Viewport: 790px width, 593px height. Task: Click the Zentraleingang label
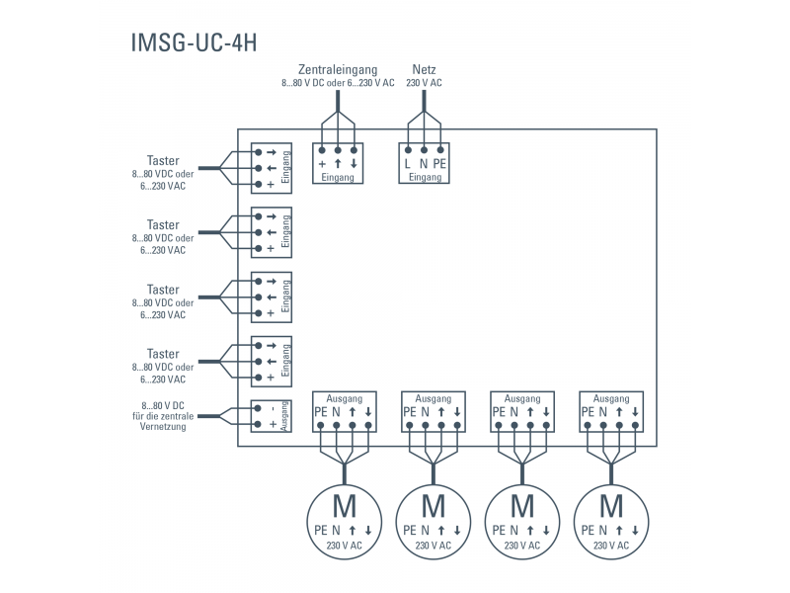(338, 69)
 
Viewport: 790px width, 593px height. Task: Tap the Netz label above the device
(424, 69)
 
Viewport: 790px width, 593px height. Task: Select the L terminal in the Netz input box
(408, 163)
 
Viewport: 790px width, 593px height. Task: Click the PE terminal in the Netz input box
(439, 163)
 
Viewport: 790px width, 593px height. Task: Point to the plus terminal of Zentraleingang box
(322, 163)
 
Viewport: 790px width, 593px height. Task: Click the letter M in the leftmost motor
(345, 507)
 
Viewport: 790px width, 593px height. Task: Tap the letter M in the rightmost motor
(611, 507)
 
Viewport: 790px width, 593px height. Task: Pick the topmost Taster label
(163, 161)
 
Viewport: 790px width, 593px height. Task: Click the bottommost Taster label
(163, 354)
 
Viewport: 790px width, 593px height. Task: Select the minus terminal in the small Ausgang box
(270, 407)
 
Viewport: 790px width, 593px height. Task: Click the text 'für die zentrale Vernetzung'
(163, 420)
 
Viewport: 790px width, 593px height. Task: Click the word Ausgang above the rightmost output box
(611, 397)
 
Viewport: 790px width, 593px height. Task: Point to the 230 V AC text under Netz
(424, 83)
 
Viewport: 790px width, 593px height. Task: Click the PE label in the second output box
(409, 411)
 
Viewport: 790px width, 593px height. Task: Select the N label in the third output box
(513, 411)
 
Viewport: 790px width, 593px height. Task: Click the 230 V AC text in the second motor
(434, 545)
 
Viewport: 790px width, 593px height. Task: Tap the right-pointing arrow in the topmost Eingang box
(270, 151)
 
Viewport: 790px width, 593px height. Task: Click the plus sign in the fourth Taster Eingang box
(270, 377)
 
